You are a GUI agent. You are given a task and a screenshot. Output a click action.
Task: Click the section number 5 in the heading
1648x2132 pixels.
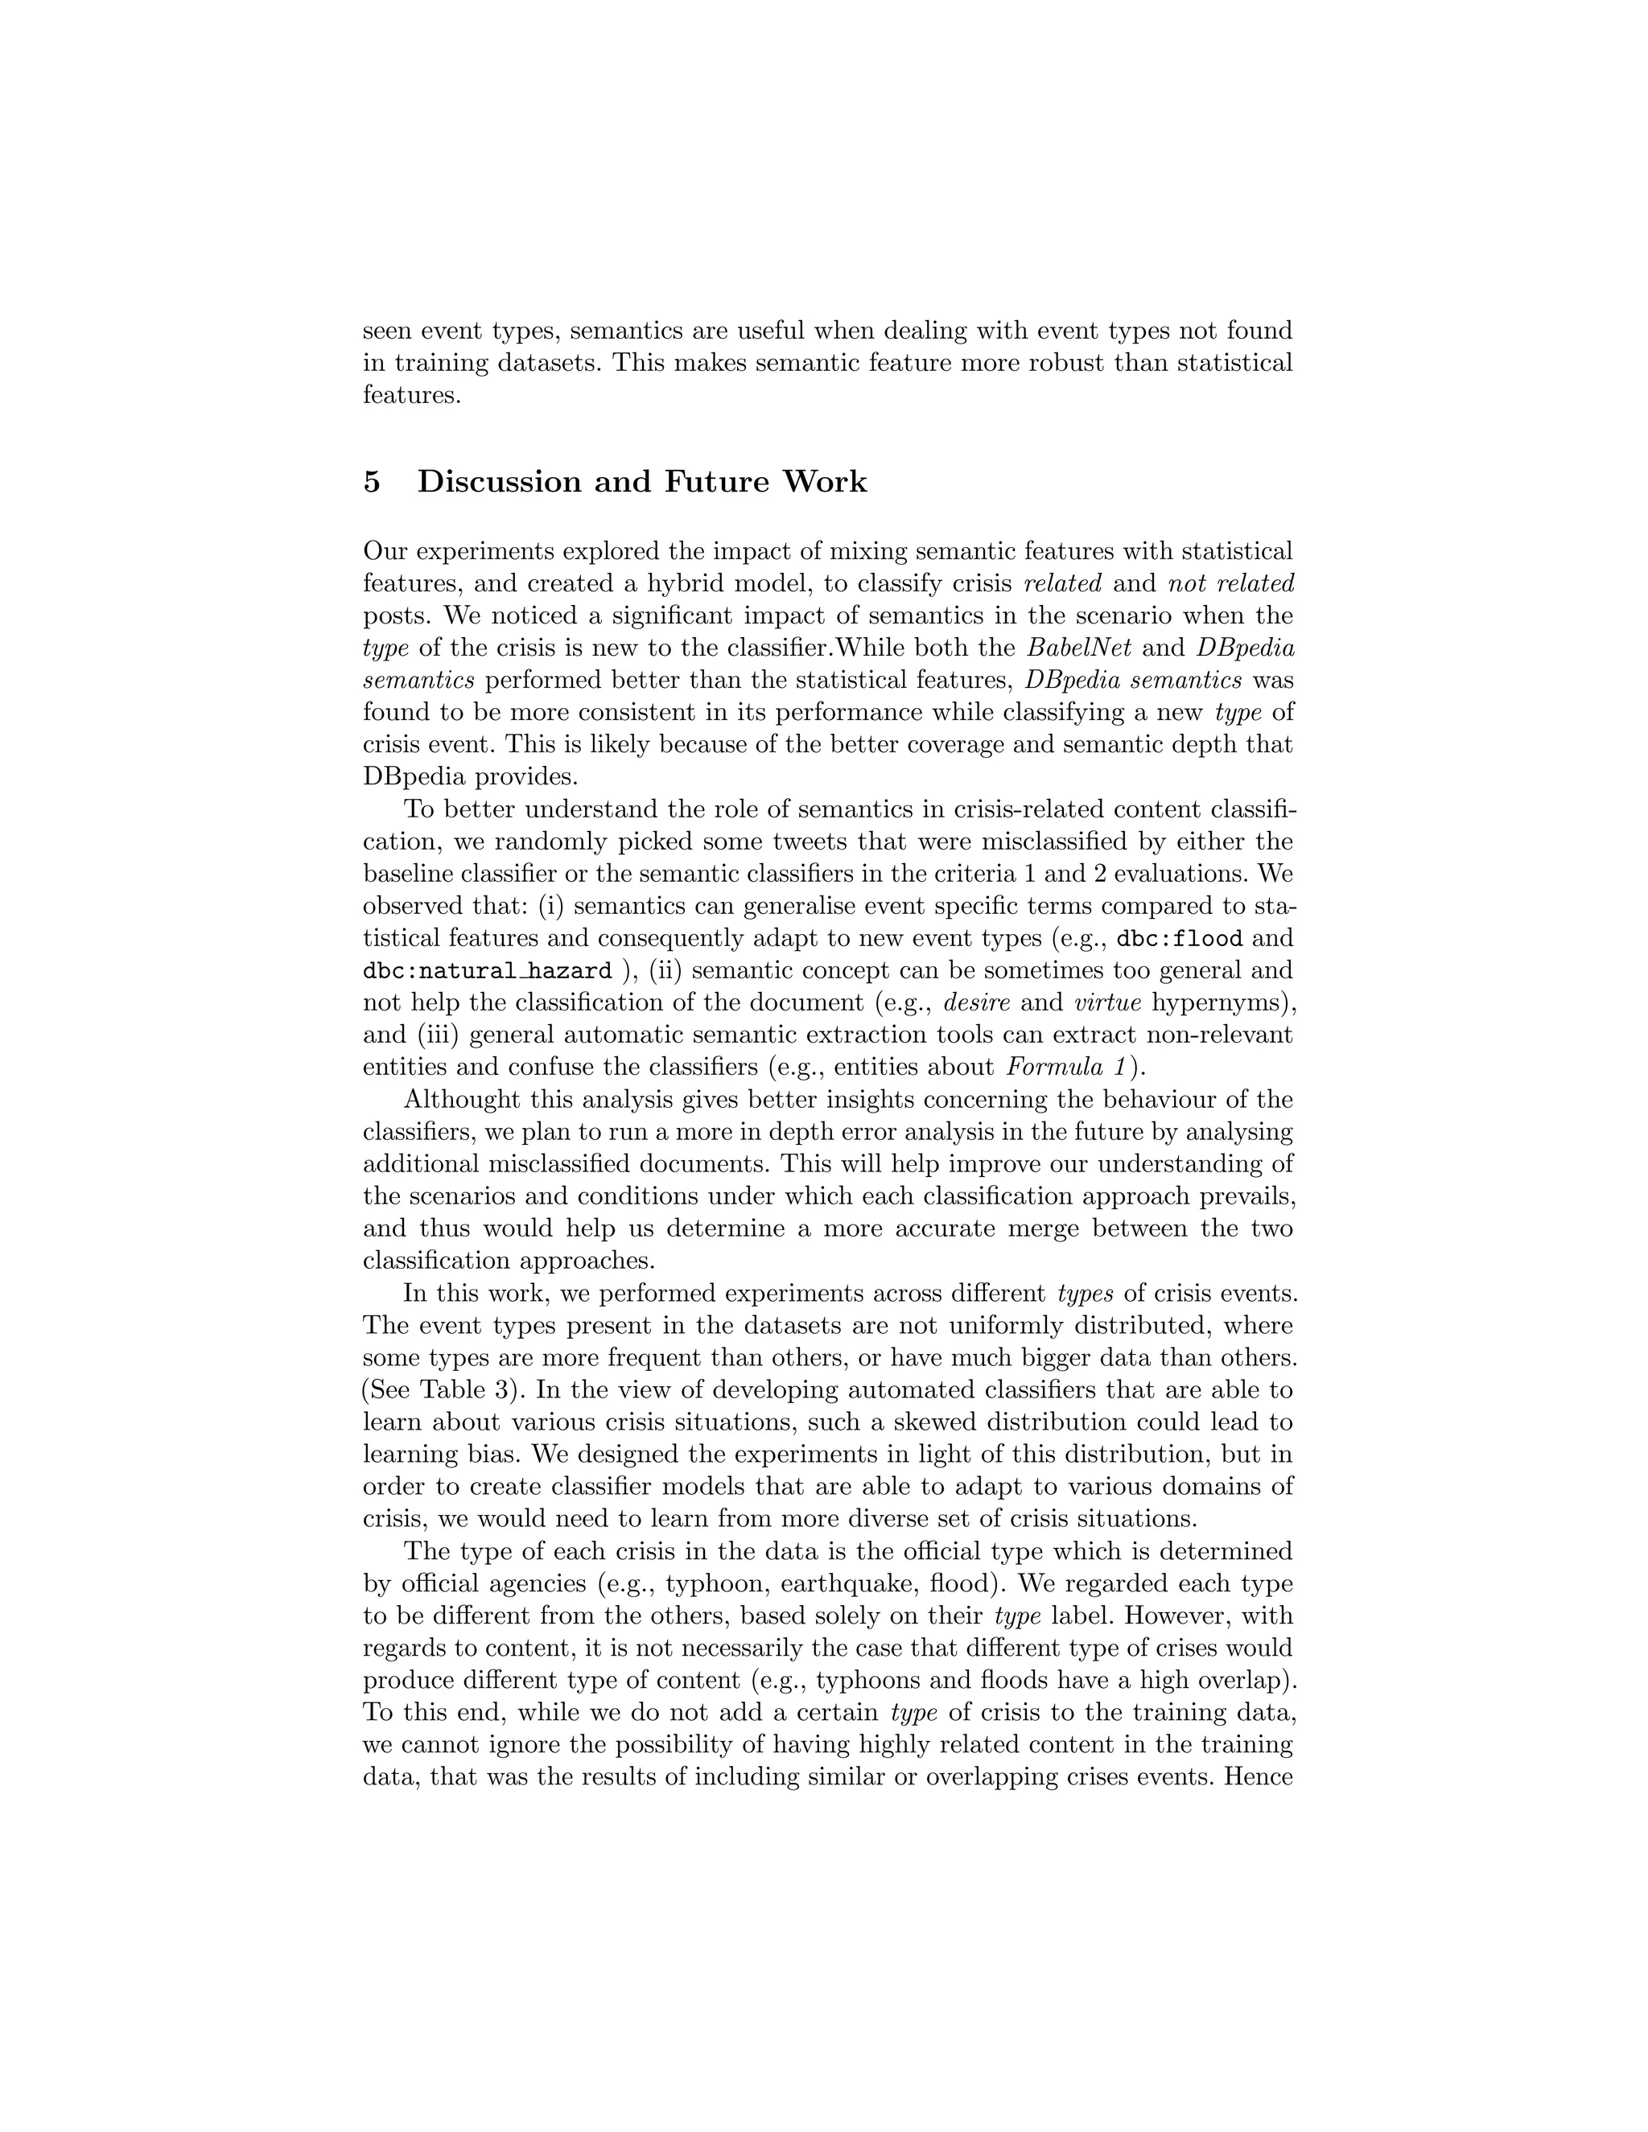371,482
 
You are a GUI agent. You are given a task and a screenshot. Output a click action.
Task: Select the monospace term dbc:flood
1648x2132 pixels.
1180,939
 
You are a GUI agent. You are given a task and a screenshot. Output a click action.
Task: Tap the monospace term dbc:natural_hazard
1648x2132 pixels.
487,971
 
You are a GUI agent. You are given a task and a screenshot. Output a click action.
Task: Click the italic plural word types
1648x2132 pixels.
1085,1294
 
